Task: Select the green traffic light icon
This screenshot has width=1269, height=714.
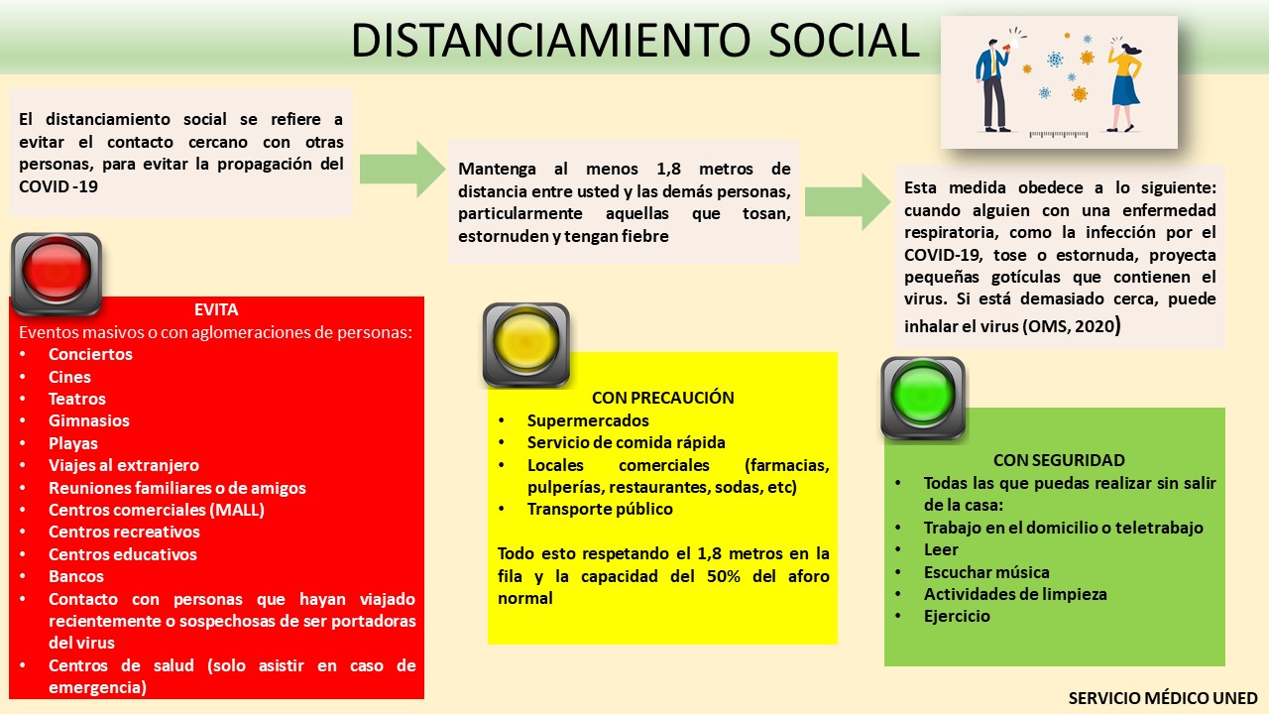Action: pos(923,398)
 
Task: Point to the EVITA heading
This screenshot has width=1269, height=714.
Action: pos(216,309)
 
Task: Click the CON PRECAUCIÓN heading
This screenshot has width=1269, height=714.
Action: pos(662,398)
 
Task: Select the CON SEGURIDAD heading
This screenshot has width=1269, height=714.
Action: pos(1059,460)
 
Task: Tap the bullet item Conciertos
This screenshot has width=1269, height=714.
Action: pos(90,354)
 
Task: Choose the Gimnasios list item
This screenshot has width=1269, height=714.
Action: pos(89,420)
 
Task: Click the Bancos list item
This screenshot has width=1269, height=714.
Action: pos(76,576)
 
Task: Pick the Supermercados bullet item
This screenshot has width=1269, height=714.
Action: pos(588,420)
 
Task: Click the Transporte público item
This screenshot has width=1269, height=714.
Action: pos(600,509)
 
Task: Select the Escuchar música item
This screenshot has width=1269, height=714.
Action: pos(986,571)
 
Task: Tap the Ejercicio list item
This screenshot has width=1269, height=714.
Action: pos(957,616)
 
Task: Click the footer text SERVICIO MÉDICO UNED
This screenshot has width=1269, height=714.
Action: pos(1162,698)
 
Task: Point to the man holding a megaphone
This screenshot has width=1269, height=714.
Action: pos(991,84)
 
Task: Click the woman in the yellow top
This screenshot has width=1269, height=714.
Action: pos(1125,84)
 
